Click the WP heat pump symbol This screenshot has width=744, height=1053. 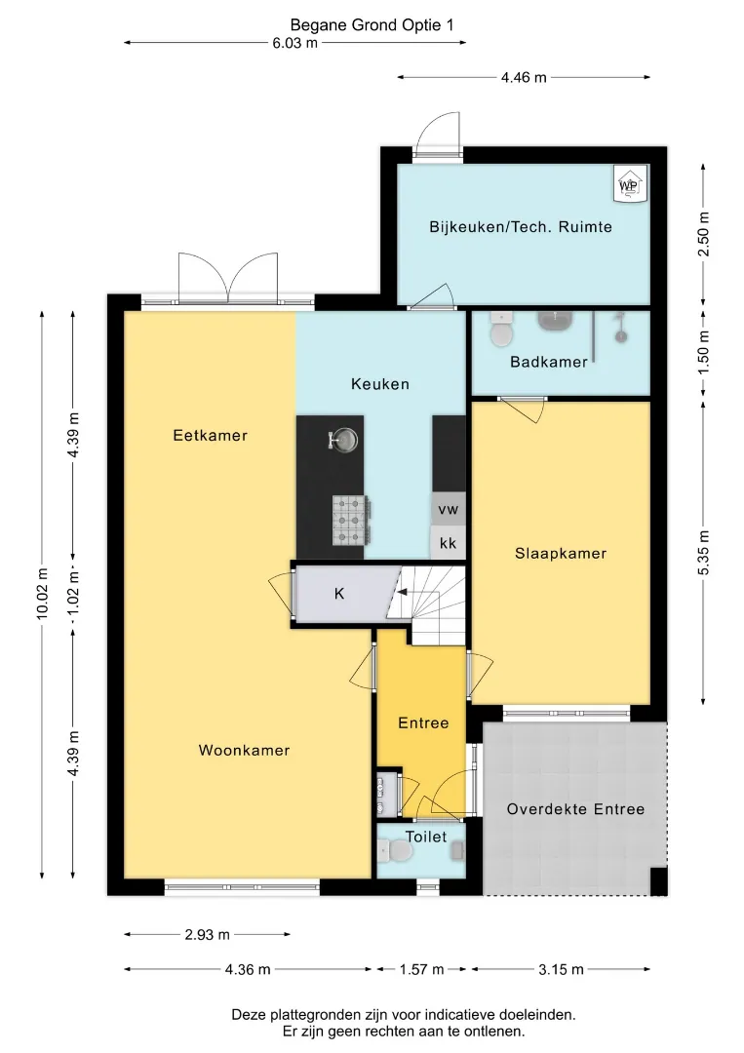(630, 183)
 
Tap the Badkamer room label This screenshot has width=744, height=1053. (549, 362)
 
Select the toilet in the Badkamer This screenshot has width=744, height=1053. (500, 329)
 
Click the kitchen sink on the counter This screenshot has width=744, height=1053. (344, 441)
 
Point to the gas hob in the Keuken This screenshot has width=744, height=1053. (350, 520)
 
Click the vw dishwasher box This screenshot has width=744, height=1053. (448, 509)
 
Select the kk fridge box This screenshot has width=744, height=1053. (448, 543)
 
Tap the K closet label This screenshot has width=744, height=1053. (339, 594)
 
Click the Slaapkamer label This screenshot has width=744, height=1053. (561, 554)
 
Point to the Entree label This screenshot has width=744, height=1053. (423, 723)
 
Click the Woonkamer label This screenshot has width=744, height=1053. (244, 750)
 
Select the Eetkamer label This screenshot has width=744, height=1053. (211, 435)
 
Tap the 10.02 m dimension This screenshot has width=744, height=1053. (42, 594)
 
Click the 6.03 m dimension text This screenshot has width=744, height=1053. (294, 43)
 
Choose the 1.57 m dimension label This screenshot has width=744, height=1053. (421, 969)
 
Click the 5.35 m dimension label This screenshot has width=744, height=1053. (703, 553)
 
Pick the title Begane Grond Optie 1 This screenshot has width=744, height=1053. (372, 24)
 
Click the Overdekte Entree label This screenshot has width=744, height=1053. (575, 809)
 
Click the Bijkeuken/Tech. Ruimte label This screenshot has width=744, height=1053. (521, 227)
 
